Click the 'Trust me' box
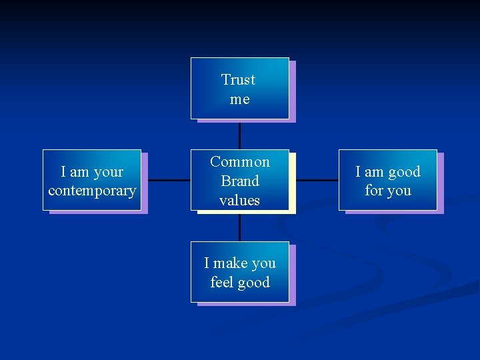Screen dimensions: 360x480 coord(239,88)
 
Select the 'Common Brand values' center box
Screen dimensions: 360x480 coord(239,180)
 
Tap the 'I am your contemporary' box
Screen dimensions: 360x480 coord(92,180)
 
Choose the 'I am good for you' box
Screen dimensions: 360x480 coord(387,180)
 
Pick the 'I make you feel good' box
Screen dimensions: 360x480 coord(239,272)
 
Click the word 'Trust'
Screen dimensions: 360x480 coord(239,80)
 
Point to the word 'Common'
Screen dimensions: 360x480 coord(240,162)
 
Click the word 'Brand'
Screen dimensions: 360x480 coord(240,181)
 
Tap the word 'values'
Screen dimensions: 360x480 coord(240,200)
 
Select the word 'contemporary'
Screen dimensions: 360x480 coord(92,191)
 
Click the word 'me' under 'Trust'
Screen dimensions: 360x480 coord(239,99)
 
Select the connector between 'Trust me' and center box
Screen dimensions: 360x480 coord(239,135)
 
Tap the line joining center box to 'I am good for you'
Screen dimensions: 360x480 coord(317,180)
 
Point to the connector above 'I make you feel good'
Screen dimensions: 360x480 coord(239,227)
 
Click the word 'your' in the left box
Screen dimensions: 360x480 coord(109,172)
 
